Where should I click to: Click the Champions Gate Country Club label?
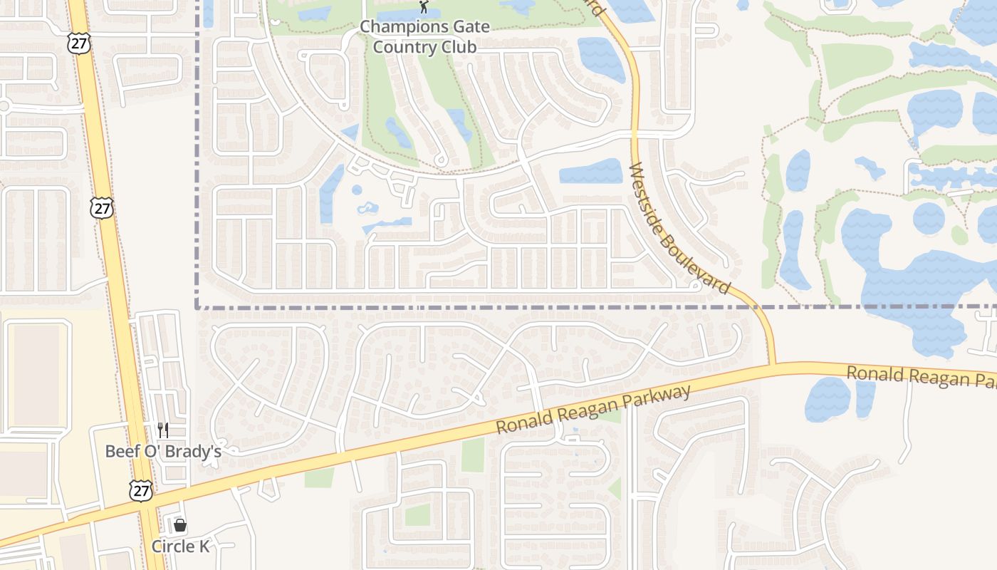point(424,37)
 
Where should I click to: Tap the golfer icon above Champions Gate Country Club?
point(424,7)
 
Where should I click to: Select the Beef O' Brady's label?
point(163,451)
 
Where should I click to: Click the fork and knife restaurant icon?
point(163,430)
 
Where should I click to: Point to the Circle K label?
point(180,546)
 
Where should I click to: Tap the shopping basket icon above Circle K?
point(180,526)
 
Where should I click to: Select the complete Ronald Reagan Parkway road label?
point(593,410)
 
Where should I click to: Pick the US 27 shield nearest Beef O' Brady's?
point(141,490)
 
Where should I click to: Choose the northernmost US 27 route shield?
point(78,42)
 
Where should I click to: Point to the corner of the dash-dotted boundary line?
point(197,308)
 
